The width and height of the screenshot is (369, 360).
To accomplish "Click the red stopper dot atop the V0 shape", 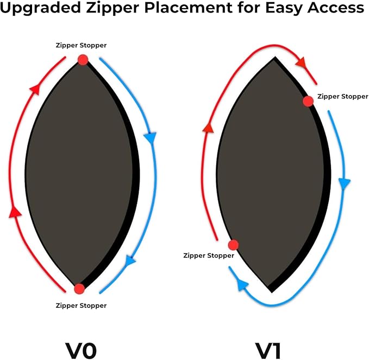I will (x=83, y=60).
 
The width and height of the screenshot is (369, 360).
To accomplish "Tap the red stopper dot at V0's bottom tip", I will (x=79, y=288).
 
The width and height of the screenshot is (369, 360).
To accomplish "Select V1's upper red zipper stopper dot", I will (x=308, y=101).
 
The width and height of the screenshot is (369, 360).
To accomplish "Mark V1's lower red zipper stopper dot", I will (x=233, y=245).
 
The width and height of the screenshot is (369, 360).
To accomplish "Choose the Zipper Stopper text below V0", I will (x=81, y=305).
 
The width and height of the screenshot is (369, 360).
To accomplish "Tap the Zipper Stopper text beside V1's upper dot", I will (x=342, y=96).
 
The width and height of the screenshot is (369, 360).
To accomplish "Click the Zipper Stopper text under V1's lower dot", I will (x=209, y=255).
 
